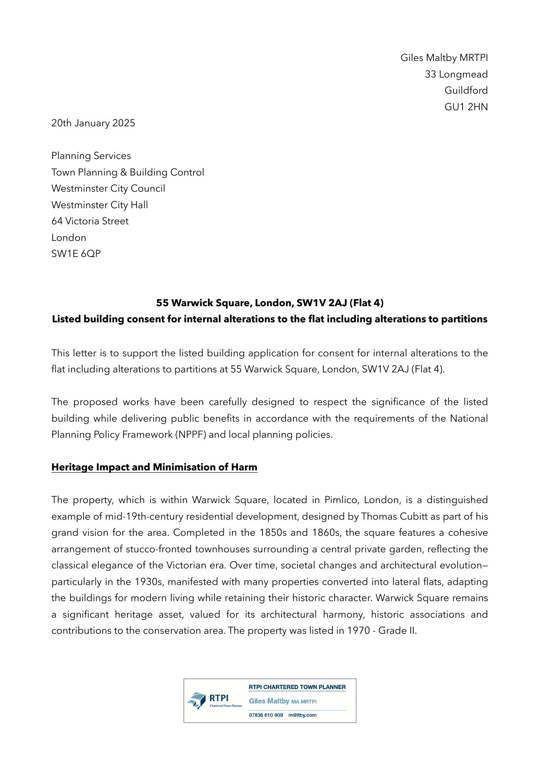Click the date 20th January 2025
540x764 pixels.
pos(93,123)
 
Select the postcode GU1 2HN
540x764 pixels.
pos(466,107)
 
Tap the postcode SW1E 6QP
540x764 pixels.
pos(76,254)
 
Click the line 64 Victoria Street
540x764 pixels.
pos(90,221)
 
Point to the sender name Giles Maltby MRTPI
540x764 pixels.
pos(444,58)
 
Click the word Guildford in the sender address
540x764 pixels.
pos(466,91)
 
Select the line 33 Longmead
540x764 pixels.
pos(456,74)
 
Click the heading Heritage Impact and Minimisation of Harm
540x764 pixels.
pos(154,467)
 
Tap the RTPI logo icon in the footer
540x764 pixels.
pos(197,700)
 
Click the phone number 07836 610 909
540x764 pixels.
pos(266,715)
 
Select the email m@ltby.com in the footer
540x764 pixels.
pos(302,715)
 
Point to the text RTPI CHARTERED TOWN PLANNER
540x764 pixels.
pos(297,687)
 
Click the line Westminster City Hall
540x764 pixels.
pos(100,205)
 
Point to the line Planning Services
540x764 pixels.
pos(91,156)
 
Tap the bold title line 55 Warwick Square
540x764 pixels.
pos(270,303)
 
